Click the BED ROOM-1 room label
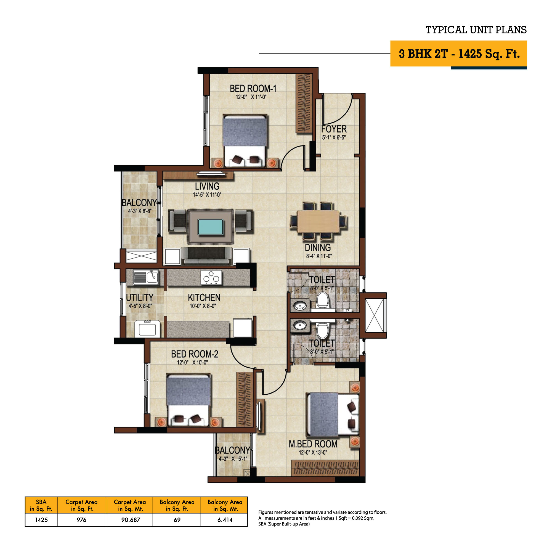tap(253, 89)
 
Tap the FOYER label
tap(334, 129)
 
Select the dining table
tap(318, 221)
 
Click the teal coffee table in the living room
tap(210, 227)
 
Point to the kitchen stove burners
tap(211, 277)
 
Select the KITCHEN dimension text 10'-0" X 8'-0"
tap(203, 306)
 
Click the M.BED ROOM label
tap(313, 444)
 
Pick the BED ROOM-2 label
tap(195, 354)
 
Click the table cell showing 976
tap(81, 520)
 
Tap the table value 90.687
tap(131, 520)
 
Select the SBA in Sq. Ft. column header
tap(41, 505)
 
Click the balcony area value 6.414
tap(225, 520)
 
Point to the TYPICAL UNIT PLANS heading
tap(476, 30)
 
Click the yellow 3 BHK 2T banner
tap(458, 54)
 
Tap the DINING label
tap(318, 248)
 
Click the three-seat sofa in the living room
tap(206, 256)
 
